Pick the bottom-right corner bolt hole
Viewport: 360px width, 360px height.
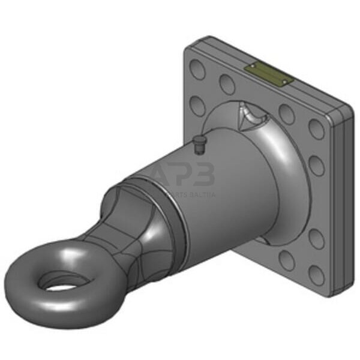(x=316, y=275)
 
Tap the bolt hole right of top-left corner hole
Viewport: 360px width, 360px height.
(x=227, y=84)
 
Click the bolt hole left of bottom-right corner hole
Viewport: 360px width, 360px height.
(x=287, y=260)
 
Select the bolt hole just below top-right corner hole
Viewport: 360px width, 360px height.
(x=317, y=166)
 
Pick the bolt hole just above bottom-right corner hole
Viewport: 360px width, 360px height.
(x=316, y=239)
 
